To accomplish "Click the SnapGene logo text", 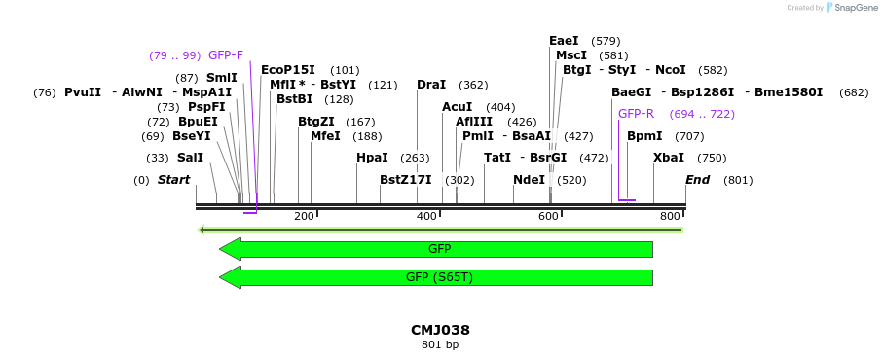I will (x=853, y=8).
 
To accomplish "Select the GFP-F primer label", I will (x=226, y=55).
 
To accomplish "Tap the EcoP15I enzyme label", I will (x=288, y=70).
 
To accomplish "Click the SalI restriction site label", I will (x=190, y=158).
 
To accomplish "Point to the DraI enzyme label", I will (x=431, y=85).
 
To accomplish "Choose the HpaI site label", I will (x=372, y=158).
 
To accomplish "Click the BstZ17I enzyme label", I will (x=406, y=180).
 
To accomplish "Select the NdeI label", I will (x=529, y=180).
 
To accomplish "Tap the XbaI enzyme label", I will (x=669, y=158).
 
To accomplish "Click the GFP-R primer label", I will (x=636, y=114).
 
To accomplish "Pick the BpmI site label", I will (x=644, y=136).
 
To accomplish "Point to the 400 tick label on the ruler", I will (x=426, y=216).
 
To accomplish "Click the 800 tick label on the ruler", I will (x=670, y=216).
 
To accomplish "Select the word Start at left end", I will (x=174, y=180).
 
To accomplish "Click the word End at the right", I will (x=697, y=180).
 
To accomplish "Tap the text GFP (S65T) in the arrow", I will (x=439, y=277).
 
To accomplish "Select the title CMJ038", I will (x=440, y=330).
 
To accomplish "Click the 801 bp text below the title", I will (x=440, y=344).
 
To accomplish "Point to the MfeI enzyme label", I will (x=325, y=136).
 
